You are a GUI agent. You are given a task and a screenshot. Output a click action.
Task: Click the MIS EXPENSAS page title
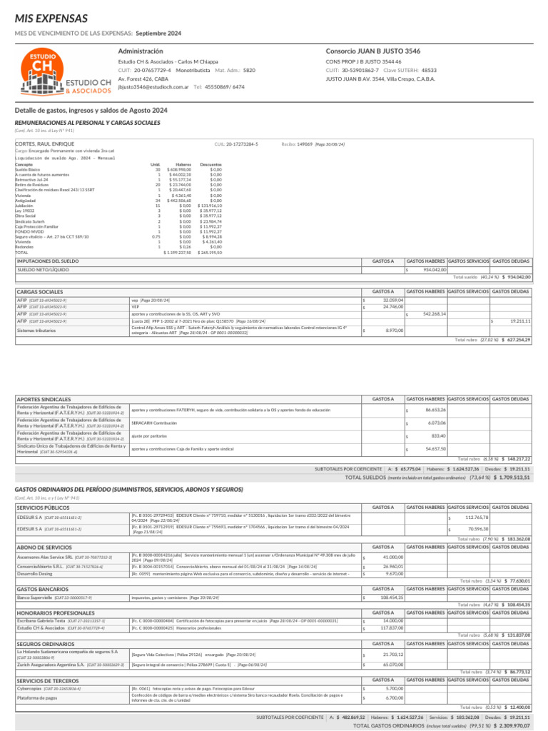[48, 17]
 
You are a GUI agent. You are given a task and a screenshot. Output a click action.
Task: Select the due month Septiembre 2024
[158, 34]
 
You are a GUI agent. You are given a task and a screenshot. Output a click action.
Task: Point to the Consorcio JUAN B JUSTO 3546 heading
[373, 51]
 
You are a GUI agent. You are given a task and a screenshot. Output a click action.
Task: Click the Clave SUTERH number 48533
[429, 71]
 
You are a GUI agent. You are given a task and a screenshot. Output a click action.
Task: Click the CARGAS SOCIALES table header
[39, 291]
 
